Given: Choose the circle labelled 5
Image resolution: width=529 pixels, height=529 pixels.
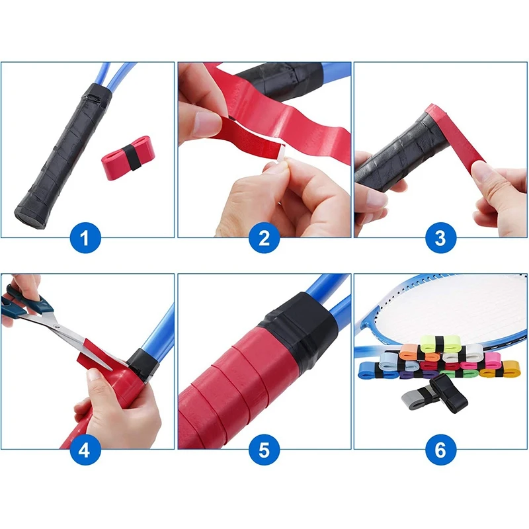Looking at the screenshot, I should (x=264, y=450).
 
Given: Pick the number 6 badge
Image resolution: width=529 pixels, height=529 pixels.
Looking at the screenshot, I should (x=440, y=450).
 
